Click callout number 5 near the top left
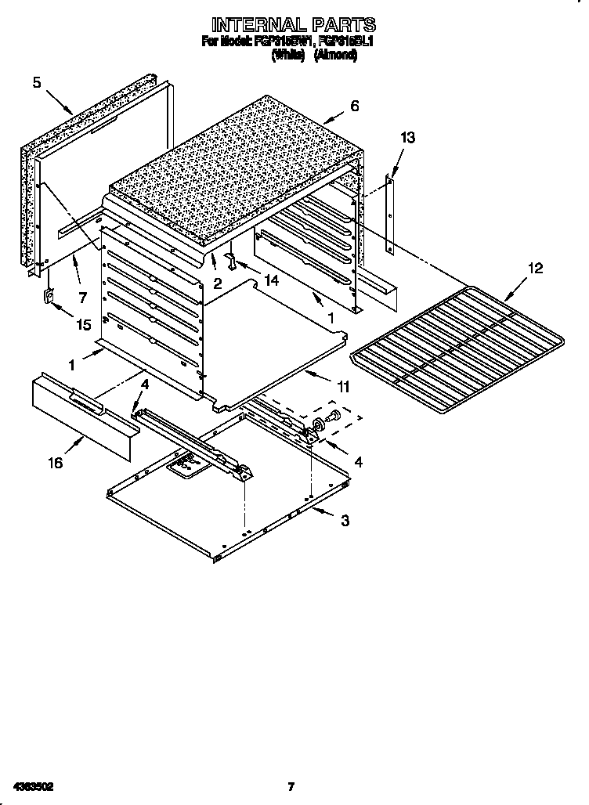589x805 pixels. (x=37, y=81)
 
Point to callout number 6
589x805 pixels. (x=355, y=106)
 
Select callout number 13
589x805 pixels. (x=407, y=138)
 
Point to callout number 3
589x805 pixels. (x=344, y=521)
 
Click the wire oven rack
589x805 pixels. (x=458, y=345)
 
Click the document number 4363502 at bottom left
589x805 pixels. (x=33, y=785)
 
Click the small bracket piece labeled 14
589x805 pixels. (x=233, y=259)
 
